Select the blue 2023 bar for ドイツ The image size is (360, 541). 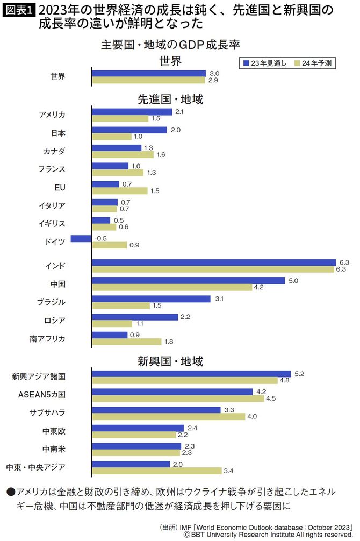[x=81, y=238]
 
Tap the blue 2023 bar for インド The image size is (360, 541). [x=213, y=262]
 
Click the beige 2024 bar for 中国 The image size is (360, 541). [x=172, y=288]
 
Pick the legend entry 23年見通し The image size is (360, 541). [x=264, y=63]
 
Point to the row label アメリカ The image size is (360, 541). [x=52, y=115]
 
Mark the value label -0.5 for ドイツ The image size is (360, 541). [x=100, y=238]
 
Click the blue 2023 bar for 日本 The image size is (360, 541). [x=129, y=130]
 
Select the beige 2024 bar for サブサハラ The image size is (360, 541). [x=168, y=417]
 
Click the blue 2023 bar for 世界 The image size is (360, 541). [x=149, y=73]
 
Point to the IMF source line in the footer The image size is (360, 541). [x=258, y=526]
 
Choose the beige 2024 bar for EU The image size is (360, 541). [x=119, y=191]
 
